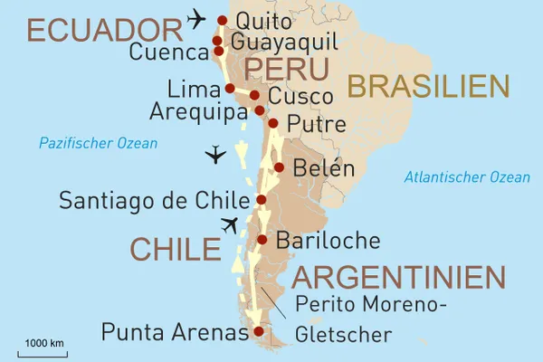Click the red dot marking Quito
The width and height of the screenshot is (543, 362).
[222, 19]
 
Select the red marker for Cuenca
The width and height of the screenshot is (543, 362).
[218, 52]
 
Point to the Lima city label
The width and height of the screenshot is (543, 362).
[195, 89]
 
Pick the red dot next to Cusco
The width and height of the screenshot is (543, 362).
[254, 95]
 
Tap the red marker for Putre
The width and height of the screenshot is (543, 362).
[272, 124]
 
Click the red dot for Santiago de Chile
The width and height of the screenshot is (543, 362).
[262, 200]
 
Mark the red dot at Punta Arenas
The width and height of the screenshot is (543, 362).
[259, 332]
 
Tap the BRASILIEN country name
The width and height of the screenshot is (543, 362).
[428, 86]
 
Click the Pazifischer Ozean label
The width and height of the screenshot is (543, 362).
[98, 143]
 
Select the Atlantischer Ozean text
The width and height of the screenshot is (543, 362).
[467, 177]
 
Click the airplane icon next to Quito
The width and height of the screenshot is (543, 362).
[195, 17]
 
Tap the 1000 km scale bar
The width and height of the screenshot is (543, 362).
[43, 350]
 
